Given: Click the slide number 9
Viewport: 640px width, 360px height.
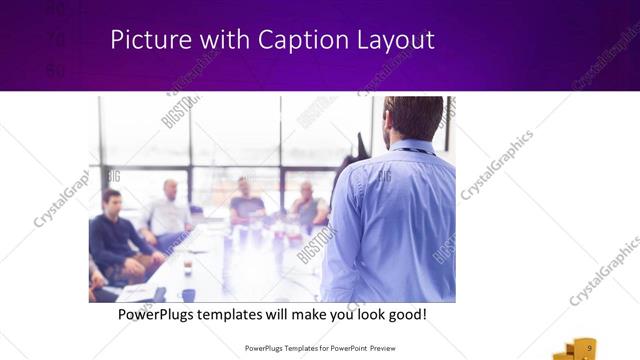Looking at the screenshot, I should tap(590, 346).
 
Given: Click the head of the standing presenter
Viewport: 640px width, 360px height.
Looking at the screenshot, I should tap(413, 116).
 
